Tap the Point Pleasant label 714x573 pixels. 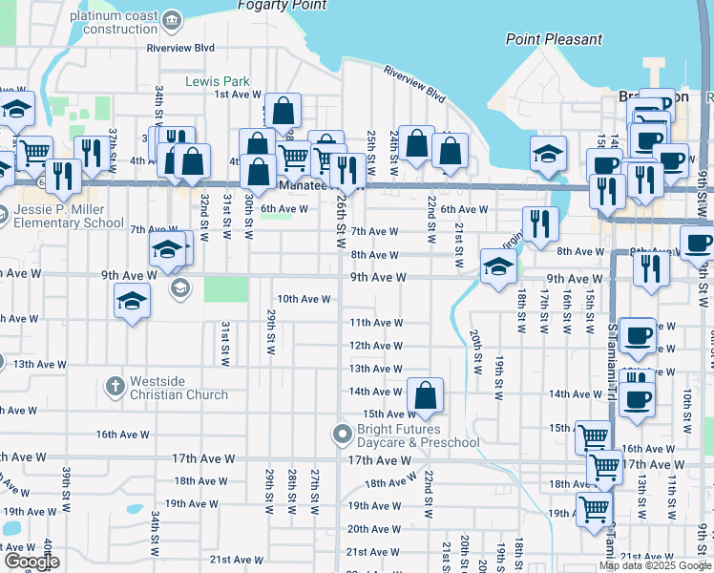555,39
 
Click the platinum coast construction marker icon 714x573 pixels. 171,20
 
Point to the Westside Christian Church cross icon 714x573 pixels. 115,386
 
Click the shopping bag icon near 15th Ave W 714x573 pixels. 425,393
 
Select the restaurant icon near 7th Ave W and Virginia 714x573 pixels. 541,223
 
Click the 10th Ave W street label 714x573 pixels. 304,299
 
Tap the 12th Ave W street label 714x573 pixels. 375,346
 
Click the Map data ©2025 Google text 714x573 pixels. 654,565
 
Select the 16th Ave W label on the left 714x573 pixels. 119,435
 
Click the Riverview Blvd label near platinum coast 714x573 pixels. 180,47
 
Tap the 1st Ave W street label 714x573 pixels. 238,95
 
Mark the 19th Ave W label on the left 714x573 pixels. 189,503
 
